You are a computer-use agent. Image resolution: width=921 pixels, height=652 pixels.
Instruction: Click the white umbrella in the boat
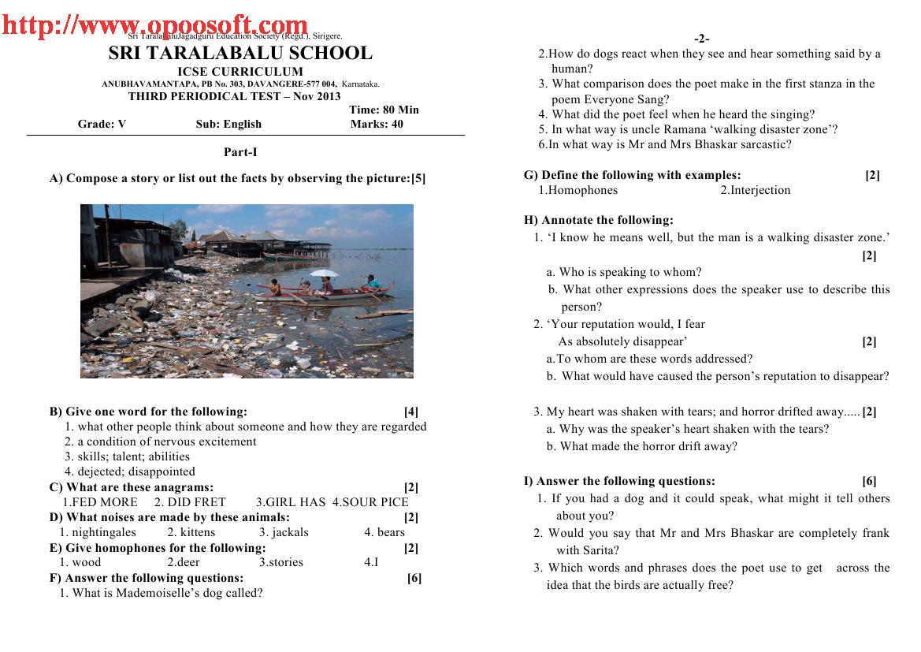[324, 274]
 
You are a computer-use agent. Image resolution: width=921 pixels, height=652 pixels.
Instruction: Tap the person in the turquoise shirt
[370, 282]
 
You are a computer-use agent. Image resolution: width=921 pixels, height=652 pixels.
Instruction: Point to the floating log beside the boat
[385, 314]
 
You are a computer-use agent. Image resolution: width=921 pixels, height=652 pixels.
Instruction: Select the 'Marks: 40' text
[377, 124]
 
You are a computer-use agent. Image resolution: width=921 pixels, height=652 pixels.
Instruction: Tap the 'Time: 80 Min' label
[384, 110]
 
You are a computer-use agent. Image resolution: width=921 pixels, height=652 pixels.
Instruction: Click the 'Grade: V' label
[102, 124]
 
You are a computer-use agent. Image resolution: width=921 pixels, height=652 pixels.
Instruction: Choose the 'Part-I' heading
[240, 153]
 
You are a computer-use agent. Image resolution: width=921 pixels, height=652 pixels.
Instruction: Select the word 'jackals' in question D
[289, 532]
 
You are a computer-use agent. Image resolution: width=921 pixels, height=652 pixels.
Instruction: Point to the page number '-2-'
[702, 39]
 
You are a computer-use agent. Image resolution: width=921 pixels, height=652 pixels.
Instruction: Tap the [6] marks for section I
[869, 481]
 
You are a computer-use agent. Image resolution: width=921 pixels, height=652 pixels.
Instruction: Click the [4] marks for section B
[411, 412]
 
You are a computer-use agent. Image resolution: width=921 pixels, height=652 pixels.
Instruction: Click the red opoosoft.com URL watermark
[154, 26]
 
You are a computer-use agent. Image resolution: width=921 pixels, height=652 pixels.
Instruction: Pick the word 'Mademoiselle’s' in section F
[154, 593]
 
